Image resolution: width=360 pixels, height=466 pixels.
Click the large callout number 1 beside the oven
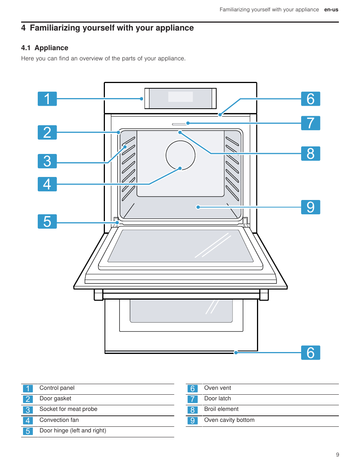pyautogui.click(x=47, y=99)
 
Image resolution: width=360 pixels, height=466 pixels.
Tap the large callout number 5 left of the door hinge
pyautogui.click(x=47, y=221)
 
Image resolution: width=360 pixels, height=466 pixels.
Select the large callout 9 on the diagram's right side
pyautogui.click(x=311, y=207)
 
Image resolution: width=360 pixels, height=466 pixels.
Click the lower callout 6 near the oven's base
pyautogui.click(x=311, y=353)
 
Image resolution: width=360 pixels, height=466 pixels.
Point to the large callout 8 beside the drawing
pyautogui.click(x=311, y=154)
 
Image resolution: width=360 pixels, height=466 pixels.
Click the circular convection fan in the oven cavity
pyautogui.click(x=180, y=155)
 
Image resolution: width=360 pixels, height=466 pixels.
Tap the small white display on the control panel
pyautogui.click(x=180, y=97)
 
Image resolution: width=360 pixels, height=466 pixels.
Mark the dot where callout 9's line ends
pyautogui.click(x=198, y=207)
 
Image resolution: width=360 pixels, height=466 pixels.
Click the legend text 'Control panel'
pyautogui.click(x=57, y=388)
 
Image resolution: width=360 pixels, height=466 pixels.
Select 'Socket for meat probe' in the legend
pyautogui.click(x=68, y=409)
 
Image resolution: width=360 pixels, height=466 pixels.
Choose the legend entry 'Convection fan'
pyautogui.click(x=59, y=420)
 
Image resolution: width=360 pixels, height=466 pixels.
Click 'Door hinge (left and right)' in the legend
pyautogui.click(x=73, y=431)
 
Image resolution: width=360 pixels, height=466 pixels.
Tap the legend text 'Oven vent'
pyautogui.click(x=217, y=388)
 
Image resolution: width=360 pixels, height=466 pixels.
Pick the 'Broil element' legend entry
pyautogui.click(x=221, y=409)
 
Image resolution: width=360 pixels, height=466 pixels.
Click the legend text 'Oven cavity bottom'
pyautogui.click(x=229, y=420)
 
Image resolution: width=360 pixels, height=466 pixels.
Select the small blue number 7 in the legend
pyautogui.click(x=192, y=399)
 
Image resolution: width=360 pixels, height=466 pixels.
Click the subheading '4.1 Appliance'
pyautogui.click(x=45, y=48)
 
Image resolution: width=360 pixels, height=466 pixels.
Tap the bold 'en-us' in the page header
pyautogui.click(x=331, y=10)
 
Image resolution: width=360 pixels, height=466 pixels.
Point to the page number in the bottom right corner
pyautogui.click(x=337, y=455)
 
